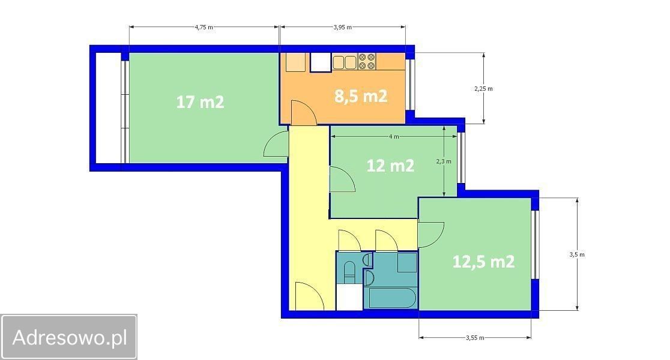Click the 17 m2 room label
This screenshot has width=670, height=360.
click(200, 102)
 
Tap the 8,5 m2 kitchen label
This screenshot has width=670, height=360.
click(361, 96)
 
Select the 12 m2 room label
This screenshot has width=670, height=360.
click(390, 165)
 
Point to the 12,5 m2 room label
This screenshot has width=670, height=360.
click(483, 262)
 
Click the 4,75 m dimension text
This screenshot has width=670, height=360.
click(204, 27)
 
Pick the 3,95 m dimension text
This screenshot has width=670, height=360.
click(343, 27)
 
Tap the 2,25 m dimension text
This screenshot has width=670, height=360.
click(483, 89)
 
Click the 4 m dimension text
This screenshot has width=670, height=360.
click(394, 137)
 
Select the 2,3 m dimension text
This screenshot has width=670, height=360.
click(444, 161)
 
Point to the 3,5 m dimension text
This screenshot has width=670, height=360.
click(577, 254)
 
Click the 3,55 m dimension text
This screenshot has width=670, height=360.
click(475, 338)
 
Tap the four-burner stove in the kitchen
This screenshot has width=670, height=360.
click(367, 61)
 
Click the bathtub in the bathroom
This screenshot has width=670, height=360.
click(392, 298)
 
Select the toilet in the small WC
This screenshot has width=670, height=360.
click(349, 272)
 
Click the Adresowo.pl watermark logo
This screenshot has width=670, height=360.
click(69, 337)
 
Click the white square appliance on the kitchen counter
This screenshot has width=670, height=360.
click(321, 62)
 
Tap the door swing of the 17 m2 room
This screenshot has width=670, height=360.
click(276, 145)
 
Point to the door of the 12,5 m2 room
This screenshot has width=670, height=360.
click(430, 235)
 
